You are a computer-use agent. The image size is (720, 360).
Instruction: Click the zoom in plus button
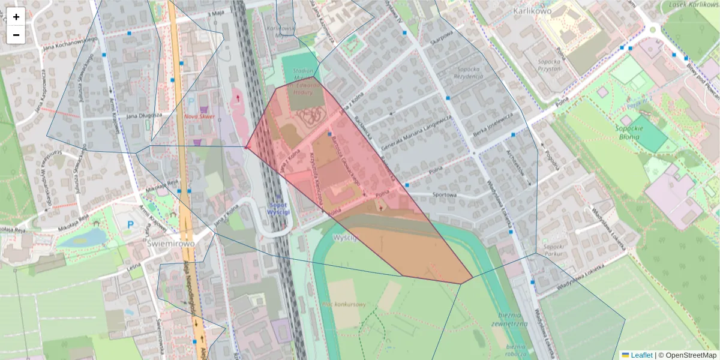click(16, 17)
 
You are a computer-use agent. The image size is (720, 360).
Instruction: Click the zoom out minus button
click(16, 35)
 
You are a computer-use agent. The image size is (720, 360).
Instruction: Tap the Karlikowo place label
click(532, 11)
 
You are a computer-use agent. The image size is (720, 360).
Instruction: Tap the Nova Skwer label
click(199, 116)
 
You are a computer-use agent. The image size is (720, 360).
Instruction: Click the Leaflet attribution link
click(641, 355)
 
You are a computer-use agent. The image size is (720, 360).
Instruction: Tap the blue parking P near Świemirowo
click(130, 225)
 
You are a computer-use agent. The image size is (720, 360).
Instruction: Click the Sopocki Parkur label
click(552, 250)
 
